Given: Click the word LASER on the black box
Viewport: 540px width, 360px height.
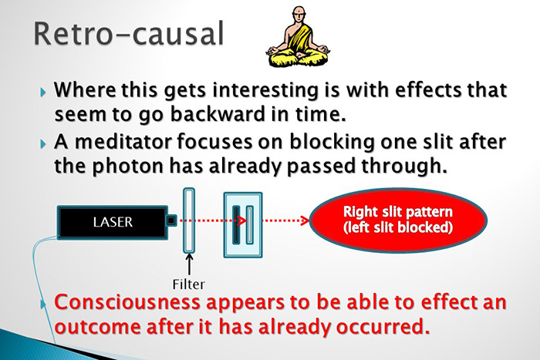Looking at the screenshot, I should click(113, 222).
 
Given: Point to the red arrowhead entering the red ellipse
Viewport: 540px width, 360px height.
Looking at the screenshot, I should click(305, 222).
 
